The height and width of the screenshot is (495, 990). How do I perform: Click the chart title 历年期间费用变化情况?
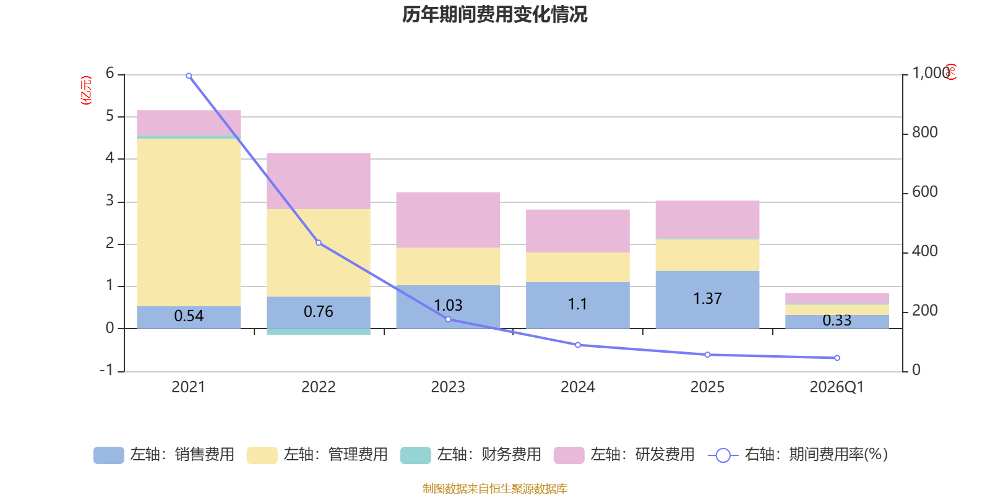(494, 14)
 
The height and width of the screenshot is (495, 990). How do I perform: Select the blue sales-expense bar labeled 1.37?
(707, 299)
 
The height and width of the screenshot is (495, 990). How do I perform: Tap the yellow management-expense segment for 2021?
(189, 222)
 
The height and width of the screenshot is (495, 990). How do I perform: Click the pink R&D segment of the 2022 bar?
(318, 181)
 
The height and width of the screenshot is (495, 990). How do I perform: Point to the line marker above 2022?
(319, 243)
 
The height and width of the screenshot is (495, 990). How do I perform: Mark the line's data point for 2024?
(578, 345)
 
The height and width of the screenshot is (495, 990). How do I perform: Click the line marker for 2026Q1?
(837, 358)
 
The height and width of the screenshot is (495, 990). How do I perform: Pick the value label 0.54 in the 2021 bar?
(189, 316)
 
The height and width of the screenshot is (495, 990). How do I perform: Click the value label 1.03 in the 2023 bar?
(448, 306)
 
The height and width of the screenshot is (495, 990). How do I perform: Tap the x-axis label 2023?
(448, 387)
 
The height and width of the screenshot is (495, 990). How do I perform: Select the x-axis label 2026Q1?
(837, 387)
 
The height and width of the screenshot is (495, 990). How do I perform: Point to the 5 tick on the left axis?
(110, 116)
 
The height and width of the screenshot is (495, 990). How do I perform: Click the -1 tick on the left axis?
(107, 370)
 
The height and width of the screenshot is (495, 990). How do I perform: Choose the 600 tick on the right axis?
(924, 192)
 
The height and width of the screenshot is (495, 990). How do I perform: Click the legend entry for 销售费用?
(164, 455)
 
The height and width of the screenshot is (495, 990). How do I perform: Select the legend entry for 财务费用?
(471, 455)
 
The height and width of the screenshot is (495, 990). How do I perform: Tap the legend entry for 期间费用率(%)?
(798, 455)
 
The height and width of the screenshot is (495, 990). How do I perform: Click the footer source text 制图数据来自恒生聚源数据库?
(494, 489)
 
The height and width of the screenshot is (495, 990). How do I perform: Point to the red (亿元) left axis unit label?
(86, 90)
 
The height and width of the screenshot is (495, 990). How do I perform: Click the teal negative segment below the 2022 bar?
(318, 332)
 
